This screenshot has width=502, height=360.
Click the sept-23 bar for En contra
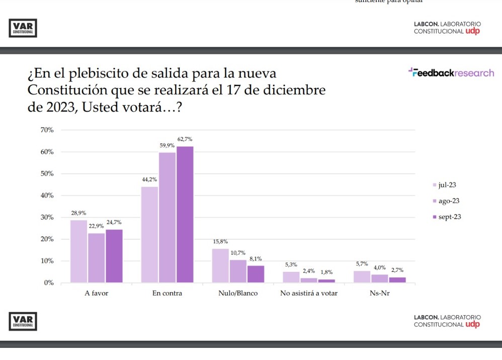pos(185,214)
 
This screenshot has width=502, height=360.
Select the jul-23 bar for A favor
pos(78,251)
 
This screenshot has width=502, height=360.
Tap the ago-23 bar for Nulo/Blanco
pos(238,271)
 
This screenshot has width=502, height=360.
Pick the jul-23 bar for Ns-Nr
pos(362,276)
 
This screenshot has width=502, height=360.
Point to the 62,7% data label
pos(185,139)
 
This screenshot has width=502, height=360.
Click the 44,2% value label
pos(149,180)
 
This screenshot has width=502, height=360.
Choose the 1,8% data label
pos(326,272)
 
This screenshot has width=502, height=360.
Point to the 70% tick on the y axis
pos(47,130)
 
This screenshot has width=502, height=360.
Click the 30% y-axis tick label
pos(47,218)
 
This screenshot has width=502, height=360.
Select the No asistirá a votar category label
pos(309,294)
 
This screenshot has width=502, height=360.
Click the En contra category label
pos(167,294)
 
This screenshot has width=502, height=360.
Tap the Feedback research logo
pos(451,73)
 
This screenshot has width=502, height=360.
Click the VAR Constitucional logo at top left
pos(23,28)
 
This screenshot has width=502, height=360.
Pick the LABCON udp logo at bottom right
pos(447,321)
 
